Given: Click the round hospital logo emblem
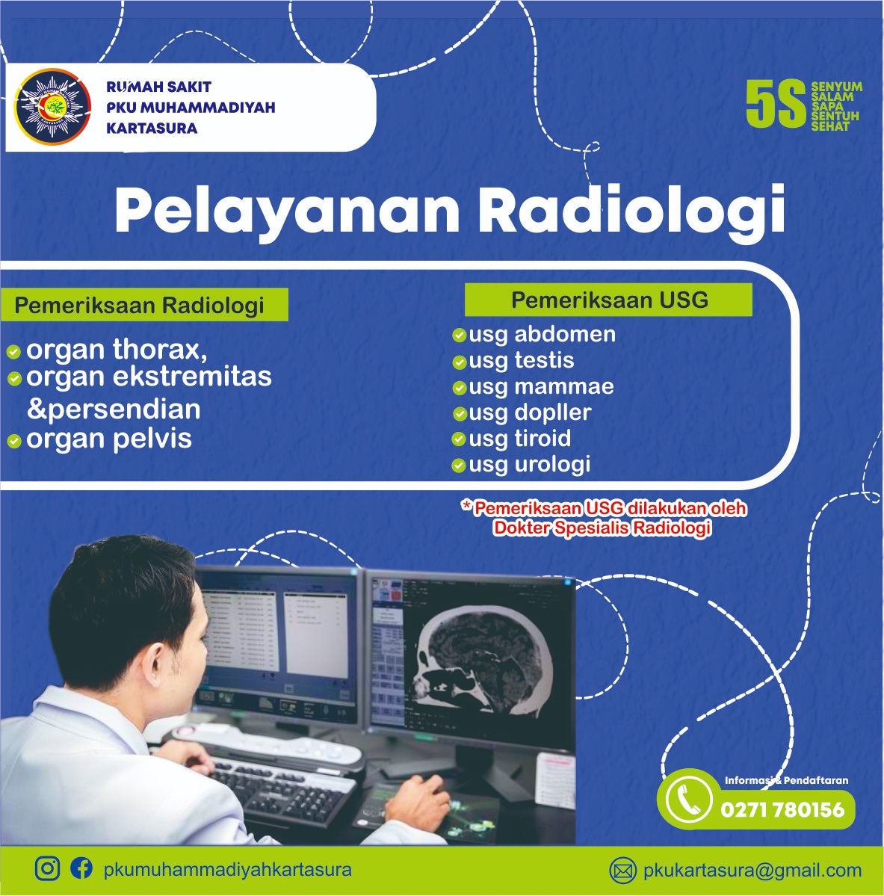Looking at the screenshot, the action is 52,107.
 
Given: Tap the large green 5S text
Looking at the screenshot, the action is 776,103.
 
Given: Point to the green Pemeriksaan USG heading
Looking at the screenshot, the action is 608,300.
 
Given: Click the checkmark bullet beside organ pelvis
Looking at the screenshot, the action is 14,441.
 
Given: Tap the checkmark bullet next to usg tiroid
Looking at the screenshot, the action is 459,439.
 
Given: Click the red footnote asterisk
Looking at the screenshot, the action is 467,506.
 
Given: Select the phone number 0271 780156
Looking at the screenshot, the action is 782,810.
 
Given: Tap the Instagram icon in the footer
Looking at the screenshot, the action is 47,868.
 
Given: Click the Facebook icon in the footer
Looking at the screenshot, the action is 81,868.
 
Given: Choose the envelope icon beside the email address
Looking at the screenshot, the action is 623,871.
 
